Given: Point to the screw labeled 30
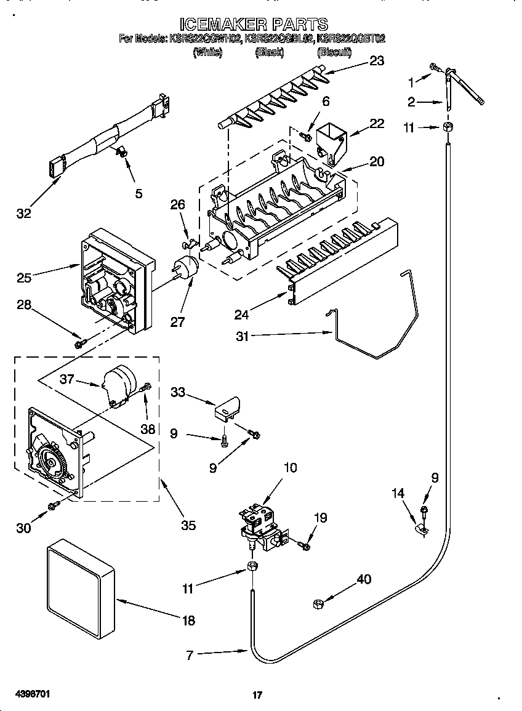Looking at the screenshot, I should (x=54, y=505).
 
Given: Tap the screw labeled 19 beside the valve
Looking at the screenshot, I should (x=304, y=544).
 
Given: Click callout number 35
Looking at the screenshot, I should (x=188, y=525).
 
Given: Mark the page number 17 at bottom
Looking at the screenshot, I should (x=257, y=695).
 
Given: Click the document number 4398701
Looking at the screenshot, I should (x=31, y=694).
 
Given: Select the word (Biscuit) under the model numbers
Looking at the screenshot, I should (x=334, y=53).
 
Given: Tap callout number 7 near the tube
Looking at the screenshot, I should (x=190, y=656).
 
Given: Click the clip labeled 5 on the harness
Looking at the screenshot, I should (x=122, y=151).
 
